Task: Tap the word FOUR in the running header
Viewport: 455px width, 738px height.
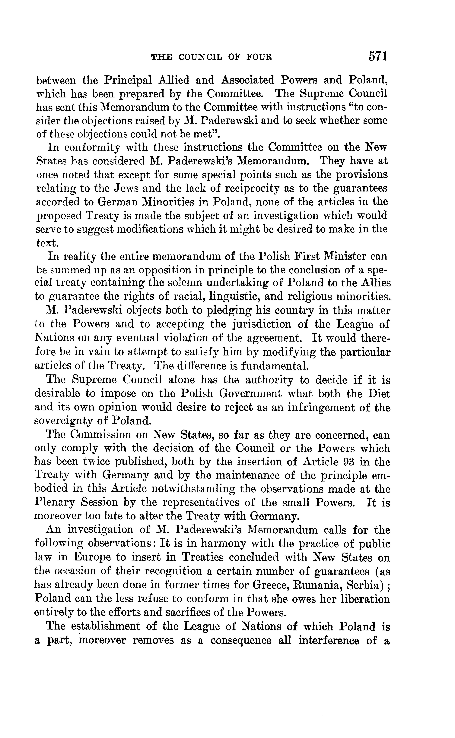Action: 259,57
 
